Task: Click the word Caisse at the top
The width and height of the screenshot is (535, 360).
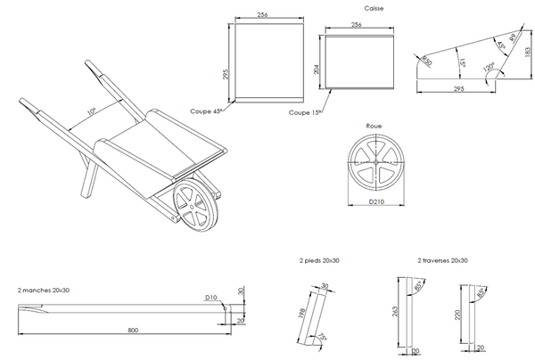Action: (x=362, y=7)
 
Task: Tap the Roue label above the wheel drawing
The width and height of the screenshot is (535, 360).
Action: (x=374, y=127)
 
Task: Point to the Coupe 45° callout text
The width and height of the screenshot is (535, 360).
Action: (x=206, y=111)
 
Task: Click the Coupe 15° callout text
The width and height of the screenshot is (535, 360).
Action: (x=305, y=113)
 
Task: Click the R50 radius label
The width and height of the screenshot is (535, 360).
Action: (x=427, y=61)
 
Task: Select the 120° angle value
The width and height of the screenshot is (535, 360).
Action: (x=490, y=67)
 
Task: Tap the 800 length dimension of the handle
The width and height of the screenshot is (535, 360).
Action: (x=133, y=331)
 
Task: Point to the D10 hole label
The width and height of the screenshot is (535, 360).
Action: (x=211, y=297)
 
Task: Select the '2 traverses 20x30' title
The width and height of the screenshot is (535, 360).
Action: (x=442, y=261)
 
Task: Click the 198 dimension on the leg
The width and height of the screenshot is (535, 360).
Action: (x=302, y=314)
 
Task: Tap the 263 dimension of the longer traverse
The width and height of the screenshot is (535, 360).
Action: (x=395, y=313)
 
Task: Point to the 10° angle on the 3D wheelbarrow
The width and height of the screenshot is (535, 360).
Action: (x=91, y=112)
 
